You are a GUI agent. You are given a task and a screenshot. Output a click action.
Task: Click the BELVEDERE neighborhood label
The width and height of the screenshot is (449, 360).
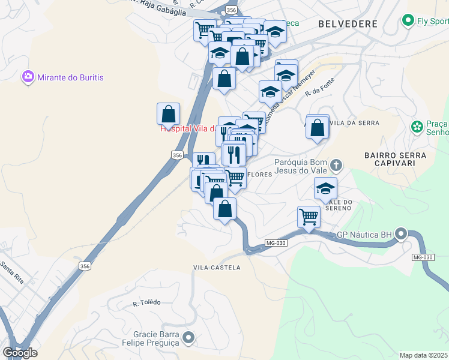[348, 24]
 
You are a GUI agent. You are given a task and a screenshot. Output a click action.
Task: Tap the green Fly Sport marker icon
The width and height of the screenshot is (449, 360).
[408, 20]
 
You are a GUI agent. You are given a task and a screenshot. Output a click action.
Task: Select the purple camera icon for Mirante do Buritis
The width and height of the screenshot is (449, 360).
[28, 77]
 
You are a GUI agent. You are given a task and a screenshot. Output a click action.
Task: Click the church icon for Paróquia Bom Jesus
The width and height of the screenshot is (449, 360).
[336, 164]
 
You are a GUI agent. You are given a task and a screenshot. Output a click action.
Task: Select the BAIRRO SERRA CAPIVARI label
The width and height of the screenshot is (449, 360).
[395, 159]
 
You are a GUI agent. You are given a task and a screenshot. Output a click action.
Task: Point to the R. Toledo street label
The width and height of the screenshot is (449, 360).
[146, 302]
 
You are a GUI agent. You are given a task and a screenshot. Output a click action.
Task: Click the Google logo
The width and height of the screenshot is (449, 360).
[20, 353]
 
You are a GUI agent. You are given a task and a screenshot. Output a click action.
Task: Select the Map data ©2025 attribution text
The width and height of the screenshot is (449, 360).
[424, 355]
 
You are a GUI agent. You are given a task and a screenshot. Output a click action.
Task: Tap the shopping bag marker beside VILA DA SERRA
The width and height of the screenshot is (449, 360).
[318, 128]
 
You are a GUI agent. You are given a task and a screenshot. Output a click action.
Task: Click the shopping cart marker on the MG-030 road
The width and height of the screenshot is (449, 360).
[309, 216]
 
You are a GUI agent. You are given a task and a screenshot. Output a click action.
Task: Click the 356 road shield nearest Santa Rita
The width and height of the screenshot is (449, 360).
[85, 266]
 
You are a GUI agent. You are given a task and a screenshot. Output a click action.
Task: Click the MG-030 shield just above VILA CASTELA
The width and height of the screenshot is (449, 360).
[273, 242]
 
